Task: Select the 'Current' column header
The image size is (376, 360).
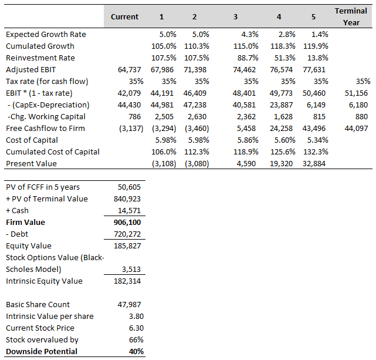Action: click(x=124, y=16)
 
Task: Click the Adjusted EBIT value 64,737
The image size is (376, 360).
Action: click(x=130, y=69)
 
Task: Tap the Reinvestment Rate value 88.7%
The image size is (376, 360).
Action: click(x=246, y=58)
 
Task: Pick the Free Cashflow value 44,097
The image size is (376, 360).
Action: click(x=359, y=128)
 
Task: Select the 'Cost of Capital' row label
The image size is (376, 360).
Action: click(x=32, y=140)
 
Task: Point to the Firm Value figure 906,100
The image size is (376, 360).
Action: click(x=127, y=222)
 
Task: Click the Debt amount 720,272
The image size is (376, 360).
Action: click(x=127, y=234)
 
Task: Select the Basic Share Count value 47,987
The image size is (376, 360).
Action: click(x=130, y=304)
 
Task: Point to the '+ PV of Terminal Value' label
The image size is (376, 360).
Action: click(x=46, y=198)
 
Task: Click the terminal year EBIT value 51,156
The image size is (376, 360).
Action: click(x=359, y=93)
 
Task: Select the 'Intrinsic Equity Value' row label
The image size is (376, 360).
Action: click(x=44, y=281)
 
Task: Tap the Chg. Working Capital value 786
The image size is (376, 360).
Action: click(x=134, y=116)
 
